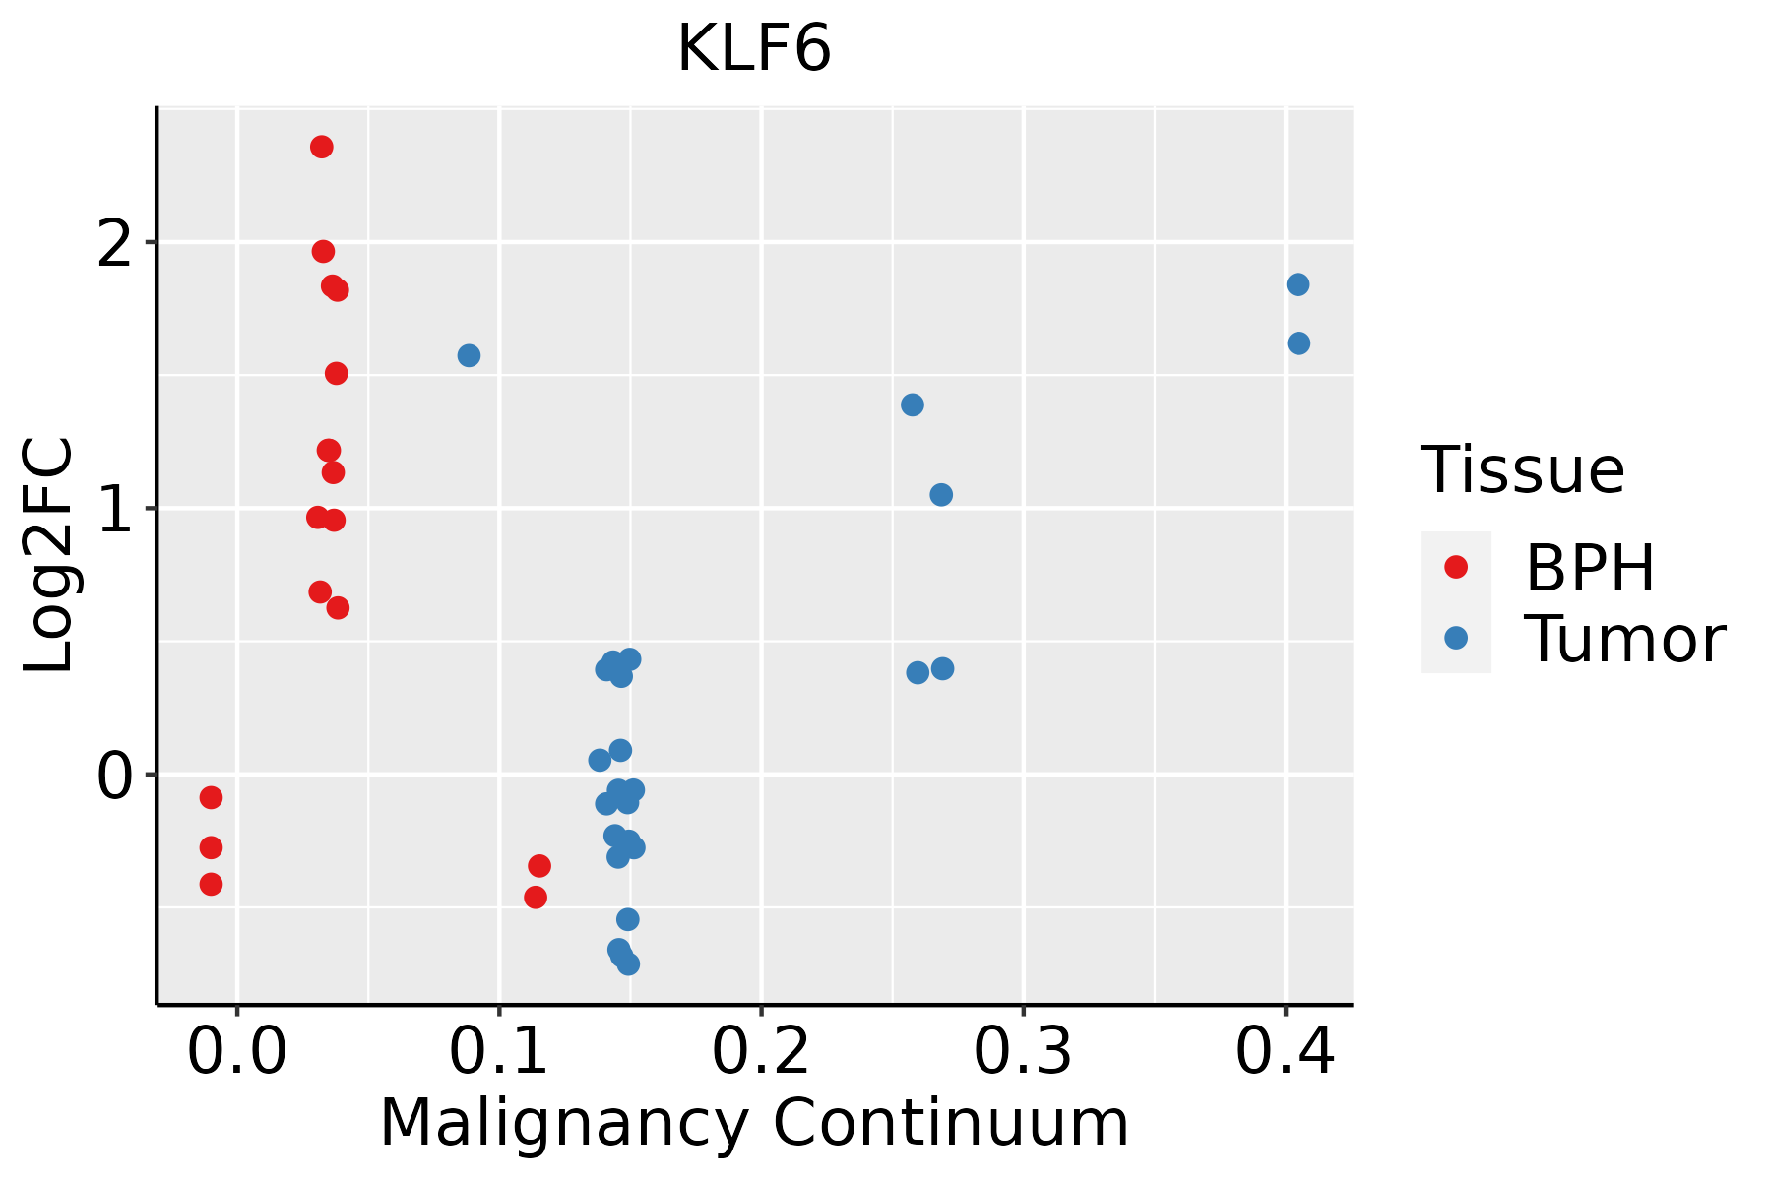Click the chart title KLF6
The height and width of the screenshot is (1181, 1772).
754,49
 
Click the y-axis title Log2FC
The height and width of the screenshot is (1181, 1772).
49,555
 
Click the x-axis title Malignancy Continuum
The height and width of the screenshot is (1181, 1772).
754,1123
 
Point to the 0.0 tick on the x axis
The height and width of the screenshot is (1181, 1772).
237,1052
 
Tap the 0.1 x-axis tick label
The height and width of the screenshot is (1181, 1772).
499,1052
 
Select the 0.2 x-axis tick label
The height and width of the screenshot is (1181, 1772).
761,1052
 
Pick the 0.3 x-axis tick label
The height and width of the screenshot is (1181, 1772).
1023,1052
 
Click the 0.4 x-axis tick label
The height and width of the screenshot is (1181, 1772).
1285,1052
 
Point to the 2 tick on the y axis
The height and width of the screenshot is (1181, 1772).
116,243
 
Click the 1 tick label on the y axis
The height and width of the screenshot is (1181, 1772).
116,509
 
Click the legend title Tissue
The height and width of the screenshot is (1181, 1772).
1522,470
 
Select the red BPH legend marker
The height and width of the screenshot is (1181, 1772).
1455,567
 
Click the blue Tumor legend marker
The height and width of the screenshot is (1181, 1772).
1455,638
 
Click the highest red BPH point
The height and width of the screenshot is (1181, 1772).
321,147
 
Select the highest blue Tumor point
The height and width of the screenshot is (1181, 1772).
1297,284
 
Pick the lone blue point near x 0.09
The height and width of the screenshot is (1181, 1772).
469,355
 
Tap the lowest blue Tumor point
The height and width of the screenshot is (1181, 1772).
628,963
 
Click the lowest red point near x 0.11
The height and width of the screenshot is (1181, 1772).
536,897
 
